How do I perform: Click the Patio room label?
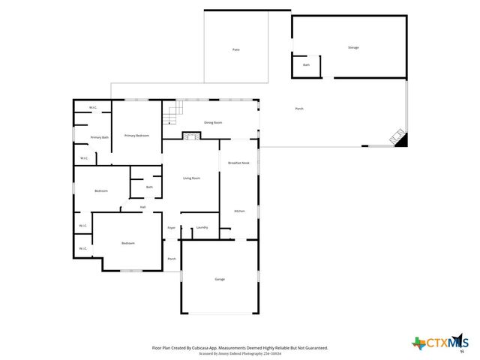coord(235,49)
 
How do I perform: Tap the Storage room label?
coord(352,47)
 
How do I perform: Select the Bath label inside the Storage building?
coord(306,65)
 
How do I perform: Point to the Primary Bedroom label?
coord(136,135)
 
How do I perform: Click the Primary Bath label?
coord(100,137)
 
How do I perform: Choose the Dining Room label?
coord(214,122)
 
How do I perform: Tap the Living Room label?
coord(191,178)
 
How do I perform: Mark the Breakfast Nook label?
coord(238,163)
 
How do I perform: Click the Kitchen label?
coord(238,211)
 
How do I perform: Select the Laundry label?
coord(202,227)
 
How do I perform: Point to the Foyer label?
coord(171,227)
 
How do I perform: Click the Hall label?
coord(142,207)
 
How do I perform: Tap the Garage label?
coord(220,279)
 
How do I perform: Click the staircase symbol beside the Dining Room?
coord(174,115)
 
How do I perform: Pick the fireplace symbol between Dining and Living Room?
coord(192,136)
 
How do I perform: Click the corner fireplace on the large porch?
coord(397,138)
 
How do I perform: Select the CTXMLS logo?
coord(439,343)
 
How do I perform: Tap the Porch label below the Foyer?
coord(172,259)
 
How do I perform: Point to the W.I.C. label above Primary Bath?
coord(93,108)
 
